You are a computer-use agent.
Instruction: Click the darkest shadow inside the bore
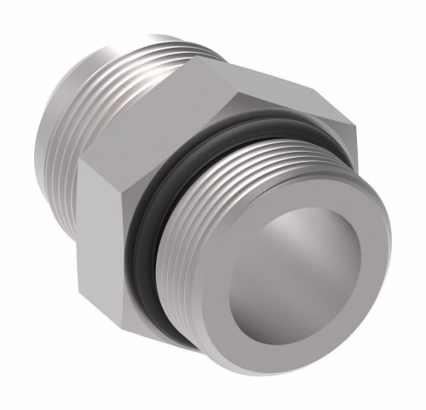pyautogui.click(x=341, y=315)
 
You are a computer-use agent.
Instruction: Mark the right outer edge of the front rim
pyautogui.click(x=389, y=273)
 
